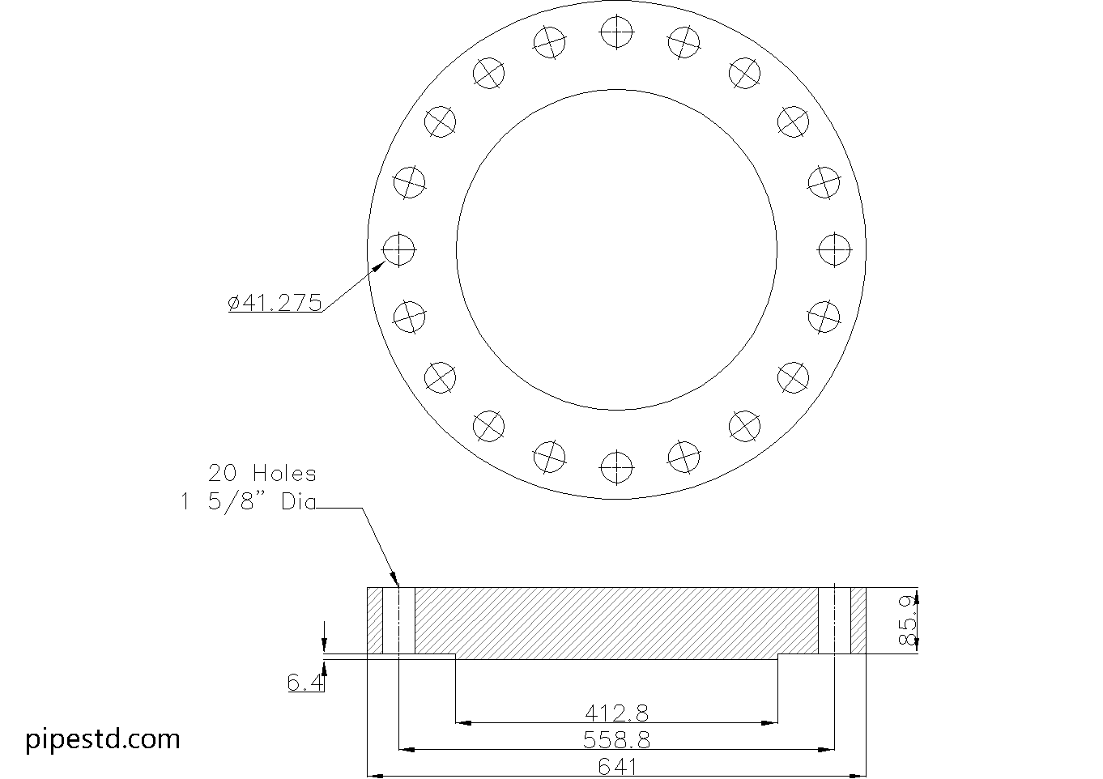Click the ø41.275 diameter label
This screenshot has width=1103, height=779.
tap(275, 303)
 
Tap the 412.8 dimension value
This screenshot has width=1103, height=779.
tap(616, 713)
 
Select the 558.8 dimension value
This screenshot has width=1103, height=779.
tap(616, 739)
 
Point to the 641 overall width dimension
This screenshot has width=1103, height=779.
tap(616, 766)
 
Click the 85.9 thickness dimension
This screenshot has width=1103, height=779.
tap(908, 620)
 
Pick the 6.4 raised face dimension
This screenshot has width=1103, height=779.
tap(304, 683)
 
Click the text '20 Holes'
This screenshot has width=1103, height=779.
tap(262, 473)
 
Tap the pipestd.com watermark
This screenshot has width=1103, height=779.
tap(103, 739)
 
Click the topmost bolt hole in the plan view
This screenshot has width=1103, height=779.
tap(616, 32)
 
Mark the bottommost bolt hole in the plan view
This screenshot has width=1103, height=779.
tap(616, 466)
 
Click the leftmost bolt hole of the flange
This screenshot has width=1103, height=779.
tap(398, 249)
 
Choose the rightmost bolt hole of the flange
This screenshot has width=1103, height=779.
tap(834, 249)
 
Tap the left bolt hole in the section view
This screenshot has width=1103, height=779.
tap(398, 620)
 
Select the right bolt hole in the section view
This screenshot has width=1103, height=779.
tap(834, 620)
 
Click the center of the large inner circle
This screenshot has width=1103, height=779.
tap(616, 249)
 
